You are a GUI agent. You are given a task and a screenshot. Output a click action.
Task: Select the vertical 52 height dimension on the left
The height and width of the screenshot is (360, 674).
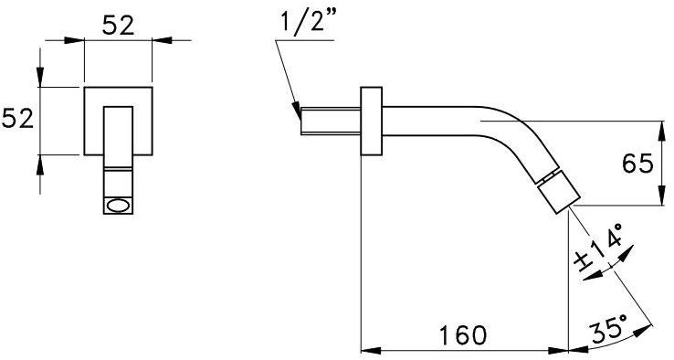(18, 120)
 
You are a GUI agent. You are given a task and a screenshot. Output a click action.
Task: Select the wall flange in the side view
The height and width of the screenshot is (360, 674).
(372, 123)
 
